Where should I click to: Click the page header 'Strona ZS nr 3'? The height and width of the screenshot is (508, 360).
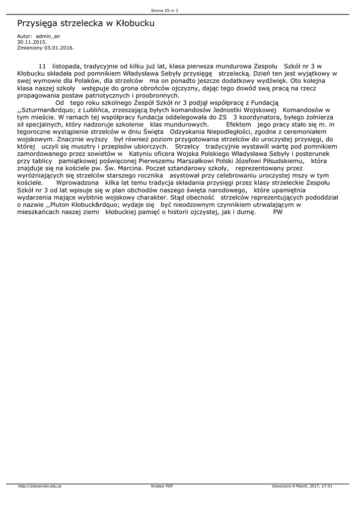(164, 10)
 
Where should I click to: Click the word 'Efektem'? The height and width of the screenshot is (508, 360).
(238, 124)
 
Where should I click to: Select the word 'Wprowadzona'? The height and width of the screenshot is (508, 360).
(77, 183)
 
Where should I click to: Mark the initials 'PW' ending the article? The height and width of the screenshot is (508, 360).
(278, 212)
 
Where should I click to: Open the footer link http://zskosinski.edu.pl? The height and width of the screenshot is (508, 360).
(39, 487)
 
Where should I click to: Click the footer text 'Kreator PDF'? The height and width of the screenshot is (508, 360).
(162, 487)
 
